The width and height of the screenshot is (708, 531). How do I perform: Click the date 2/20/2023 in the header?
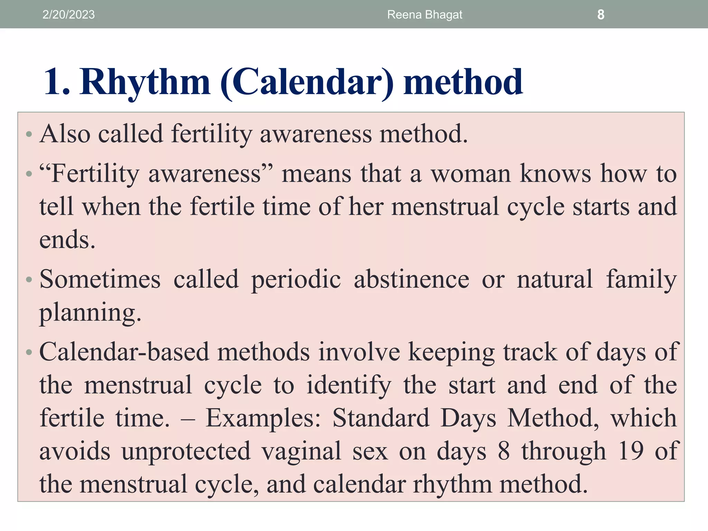[x=68, y=15]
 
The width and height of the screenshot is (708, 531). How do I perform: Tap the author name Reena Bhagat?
[x=425, y=15]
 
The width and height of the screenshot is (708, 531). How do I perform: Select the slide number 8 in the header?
[x=601, y=15]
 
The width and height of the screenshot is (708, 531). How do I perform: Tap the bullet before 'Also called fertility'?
[x=29, y=134]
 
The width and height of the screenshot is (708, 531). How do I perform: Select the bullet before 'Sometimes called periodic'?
[x=29, y=279]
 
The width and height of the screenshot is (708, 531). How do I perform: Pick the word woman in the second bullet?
[x=471, y=174]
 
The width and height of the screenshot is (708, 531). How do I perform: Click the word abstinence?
[x=411, y=279]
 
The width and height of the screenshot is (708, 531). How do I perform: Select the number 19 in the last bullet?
[x=631, y=451]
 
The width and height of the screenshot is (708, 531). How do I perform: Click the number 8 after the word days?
[x=504, y=451]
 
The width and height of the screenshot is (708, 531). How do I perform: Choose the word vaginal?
[x=301, y=451]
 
